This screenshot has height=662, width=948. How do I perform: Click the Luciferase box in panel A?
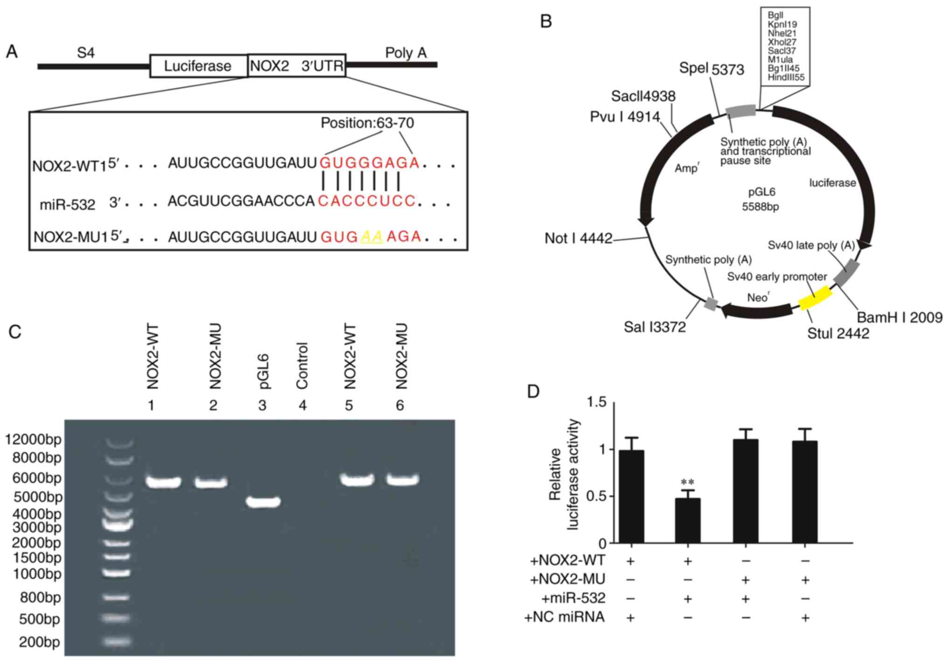coord(198,66)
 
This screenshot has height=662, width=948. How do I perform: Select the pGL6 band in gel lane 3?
coord(263,502)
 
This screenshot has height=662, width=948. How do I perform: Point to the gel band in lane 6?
coord(402,479)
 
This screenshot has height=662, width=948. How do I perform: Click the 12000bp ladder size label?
coord(33,439)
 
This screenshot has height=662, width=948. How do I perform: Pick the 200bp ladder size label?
coord(39,642)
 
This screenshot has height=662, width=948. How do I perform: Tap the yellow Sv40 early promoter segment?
coord(815,298)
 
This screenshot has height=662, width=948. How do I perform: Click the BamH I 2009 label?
coord(899,317)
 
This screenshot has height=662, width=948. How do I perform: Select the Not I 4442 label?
coord(578,238)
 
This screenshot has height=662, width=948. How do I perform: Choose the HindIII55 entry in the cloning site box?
coord(786,77)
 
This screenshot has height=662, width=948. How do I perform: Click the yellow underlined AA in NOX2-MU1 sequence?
coord(372,237)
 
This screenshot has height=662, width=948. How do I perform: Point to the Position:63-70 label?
coord(367,123)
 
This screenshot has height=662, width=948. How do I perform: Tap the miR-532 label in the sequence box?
coord(67,205)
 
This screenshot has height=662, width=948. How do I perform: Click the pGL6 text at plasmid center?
coord(761,192)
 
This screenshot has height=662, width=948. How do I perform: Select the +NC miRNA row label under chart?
coord(564,617)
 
